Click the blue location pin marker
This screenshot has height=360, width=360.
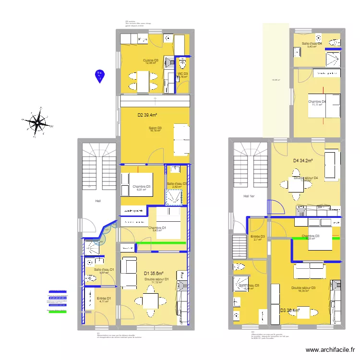[100, 75]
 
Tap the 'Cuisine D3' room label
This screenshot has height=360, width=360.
[150, 60]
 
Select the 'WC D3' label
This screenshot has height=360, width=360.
[182, 73]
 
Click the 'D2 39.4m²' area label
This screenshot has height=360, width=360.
[147, 115]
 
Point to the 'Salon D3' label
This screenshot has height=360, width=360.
[155, 128]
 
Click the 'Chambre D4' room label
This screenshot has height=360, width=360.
[317, 102]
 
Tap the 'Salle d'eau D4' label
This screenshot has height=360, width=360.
[312, 44]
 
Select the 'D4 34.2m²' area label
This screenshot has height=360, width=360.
[303, 161]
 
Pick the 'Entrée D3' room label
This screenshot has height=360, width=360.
[258, 236]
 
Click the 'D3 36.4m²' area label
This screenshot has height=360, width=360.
[289, 310]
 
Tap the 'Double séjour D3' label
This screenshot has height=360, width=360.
[303, 288]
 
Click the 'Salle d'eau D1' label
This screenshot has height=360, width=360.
[104, 270]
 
